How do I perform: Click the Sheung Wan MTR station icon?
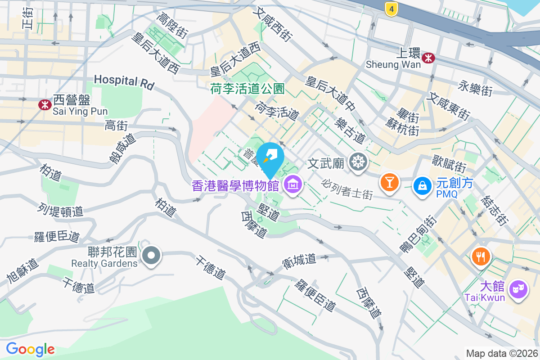click(x=428, y=57)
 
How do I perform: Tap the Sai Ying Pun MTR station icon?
click(x=45, y=105)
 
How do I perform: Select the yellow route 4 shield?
click(x=391, y=9)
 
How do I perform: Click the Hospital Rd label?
click(x=124, y=81)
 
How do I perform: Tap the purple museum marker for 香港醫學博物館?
click(x=293, y=184)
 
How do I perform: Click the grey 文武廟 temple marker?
click(x=358, y=162)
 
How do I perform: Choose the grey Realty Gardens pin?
click(x=151, y=256)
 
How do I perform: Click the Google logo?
click(x=30, y=349)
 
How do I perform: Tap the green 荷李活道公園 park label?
click(x=247, y=89)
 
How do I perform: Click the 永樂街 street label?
click(x=475, y=89)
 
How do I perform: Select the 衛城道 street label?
click(x=299, y=261)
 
